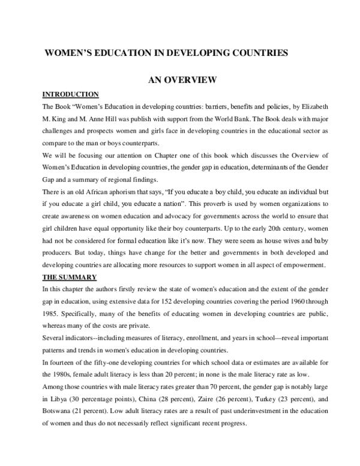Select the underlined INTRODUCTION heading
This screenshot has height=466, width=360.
pos(70,94)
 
